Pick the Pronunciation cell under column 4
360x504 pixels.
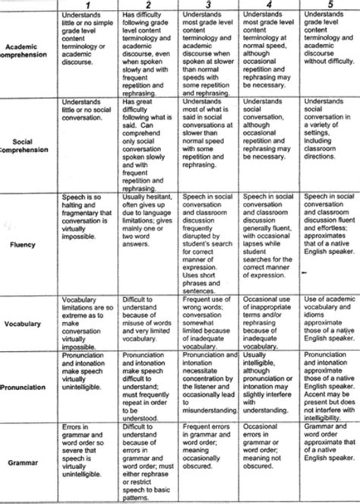[x=270, y=389]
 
